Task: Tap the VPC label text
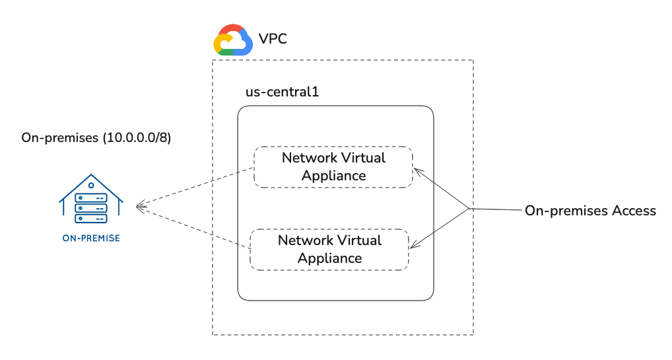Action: point(273,40)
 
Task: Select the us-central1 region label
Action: point(282,92)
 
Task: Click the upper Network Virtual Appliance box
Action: point(333,166)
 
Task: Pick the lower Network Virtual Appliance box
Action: point(329,249)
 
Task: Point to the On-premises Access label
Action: point(590,211)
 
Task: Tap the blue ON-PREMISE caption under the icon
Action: point(90,238)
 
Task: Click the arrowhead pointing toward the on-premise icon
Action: point(140,207)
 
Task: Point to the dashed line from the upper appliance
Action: point(198,188)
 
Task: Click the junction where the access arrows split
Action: point(469,209)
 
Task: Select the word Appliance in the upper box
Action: point(333,176)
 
